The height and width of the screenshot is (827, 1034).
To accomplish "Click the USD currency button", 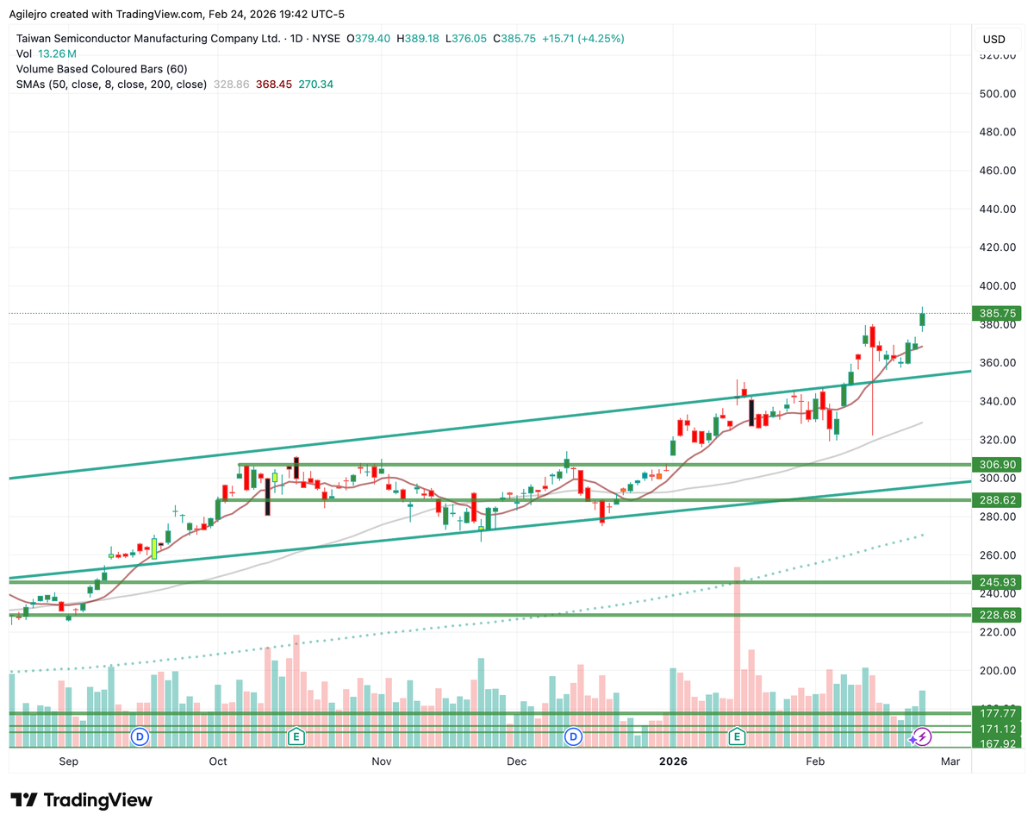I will pos(994,39).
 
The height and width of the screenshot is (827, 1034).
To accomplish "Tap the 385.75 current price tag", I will pos(994,314).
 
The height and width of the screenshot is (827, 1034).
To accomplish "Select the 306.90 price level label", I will pos(994,464).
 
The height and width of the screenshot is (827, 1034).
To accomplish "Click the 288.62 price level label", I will pos(994,499).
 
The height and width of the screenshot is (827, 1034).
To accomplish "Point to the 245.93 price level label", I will pos(994,582).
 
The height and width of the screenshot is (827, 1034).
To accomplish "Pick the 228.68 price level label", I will pos(994,615).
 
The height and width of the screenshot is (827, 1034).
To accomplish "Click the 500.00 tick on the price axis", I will pos(994,94).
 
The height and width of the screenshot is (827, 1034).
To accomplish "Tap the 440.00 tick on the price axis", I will pos(994,210).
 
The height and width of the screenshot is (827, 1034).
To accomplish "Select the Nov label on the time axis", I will pos(381,761).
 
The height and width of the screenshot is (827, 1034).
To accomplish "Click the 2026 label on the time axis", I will pos(673,761).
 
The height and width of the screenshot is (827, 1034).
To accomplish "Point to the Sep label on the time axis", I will pos(69,761).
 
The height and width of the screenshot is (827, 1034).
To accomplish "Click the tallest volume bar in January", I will pos(737,638).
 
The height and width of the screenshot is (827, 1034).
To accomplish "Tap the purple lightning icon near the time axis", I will pos(922,736).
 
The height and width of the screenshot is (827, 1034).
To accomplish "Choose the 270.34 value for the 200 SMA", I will pos(315,85).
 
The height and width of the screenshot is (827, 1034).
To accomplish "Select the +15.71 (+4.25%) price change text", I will pos(582,39).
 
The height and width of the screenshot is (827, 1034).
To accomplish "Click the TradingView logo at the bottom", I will pos(82,800).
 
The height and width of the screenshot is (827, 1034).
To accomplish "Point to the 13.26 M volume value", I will pos(53,53).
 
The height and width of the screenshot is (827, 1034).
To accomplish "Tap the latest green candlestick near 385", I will pos(922,319).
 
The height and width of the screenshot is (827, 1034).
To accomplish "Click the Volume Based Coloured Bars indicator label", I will pos(102,69).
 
